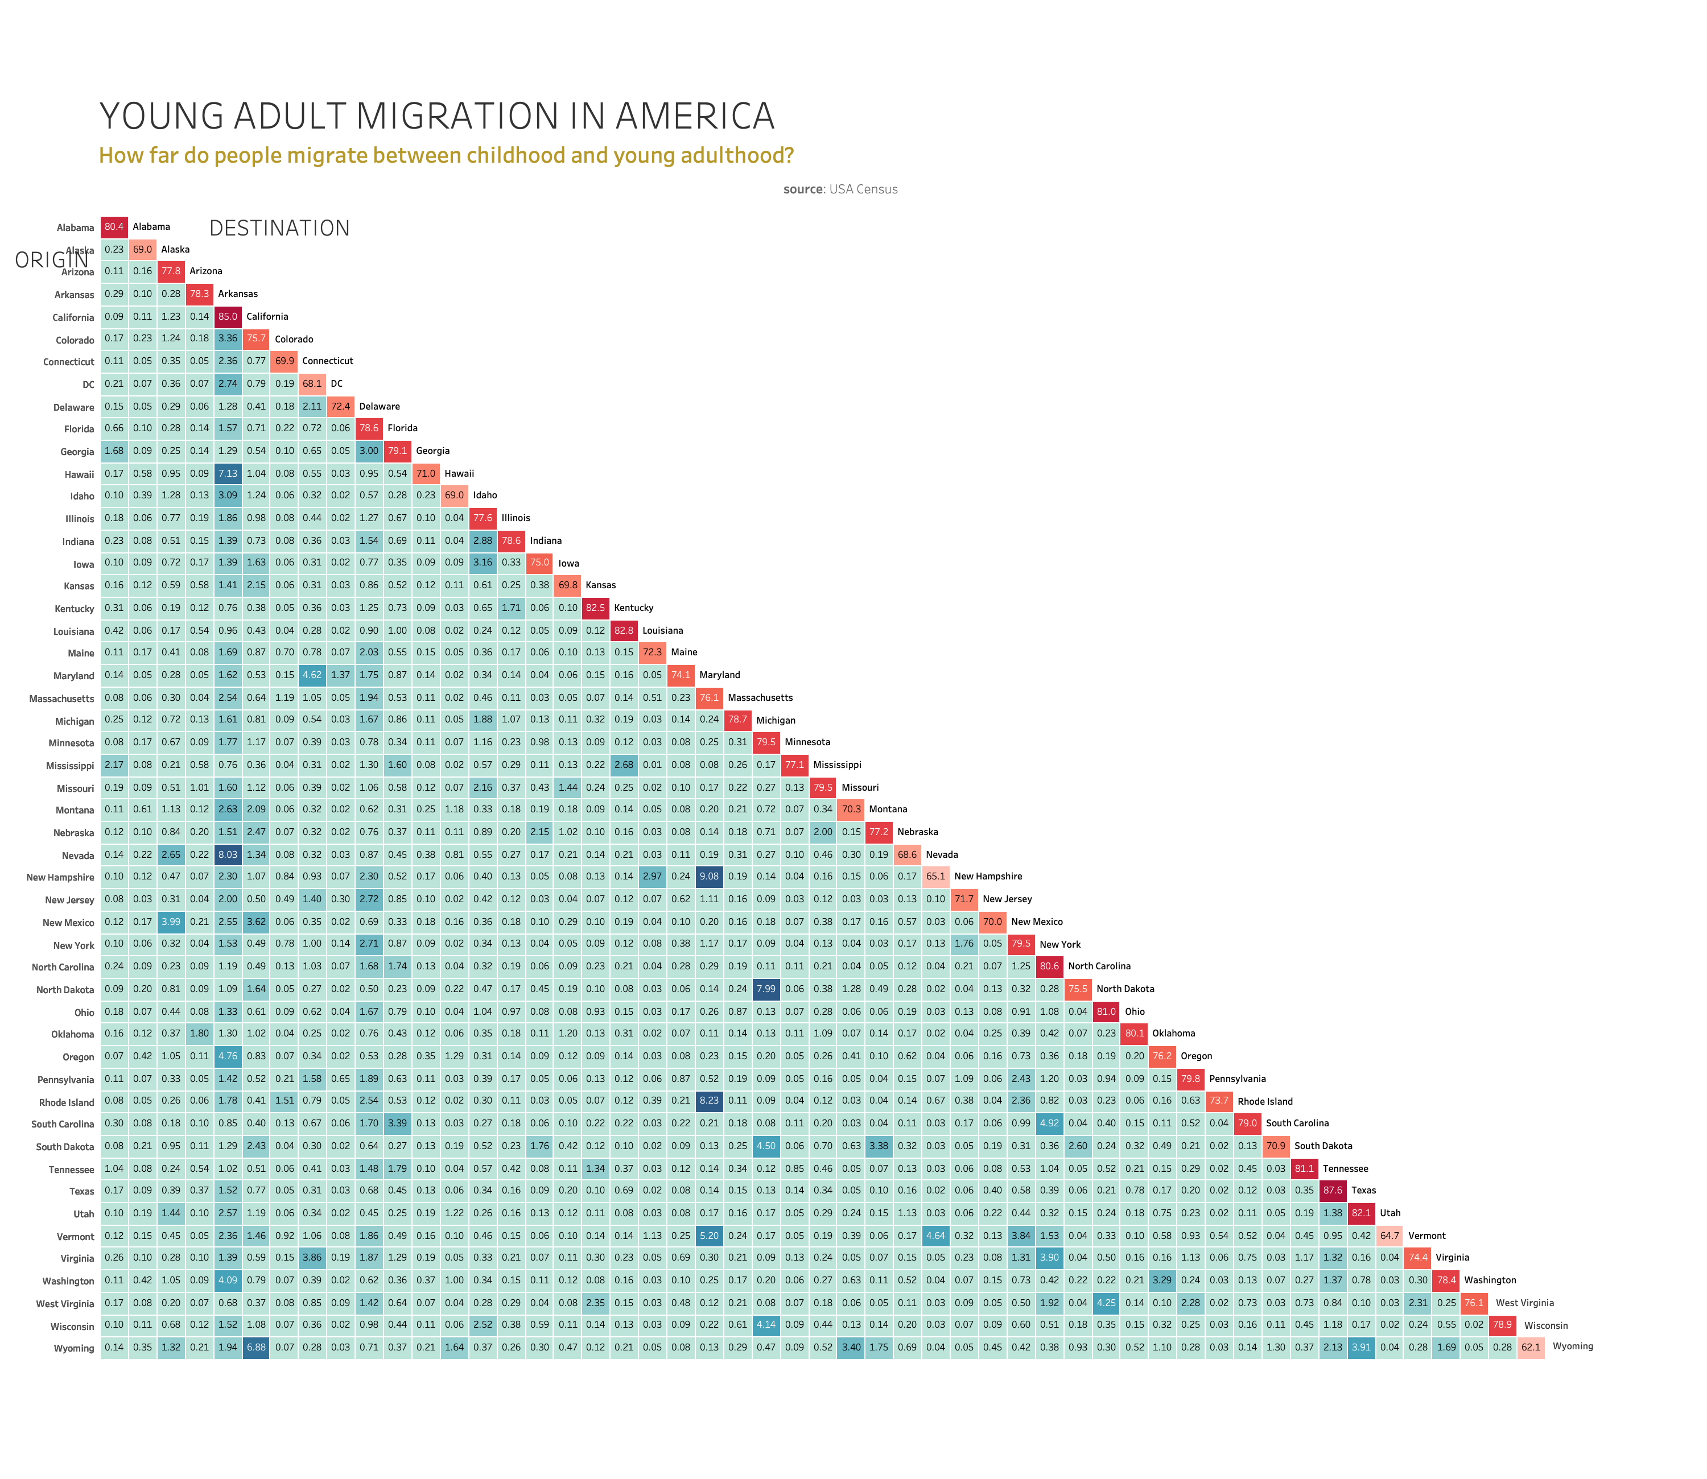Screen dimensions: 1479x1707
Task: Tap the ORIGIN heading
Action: point(51,261)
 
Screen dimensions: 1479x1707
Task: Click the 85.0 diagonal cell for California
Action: point(227,316)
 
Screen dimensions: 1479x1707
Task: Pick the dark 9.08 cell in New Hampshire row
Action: point(709,877)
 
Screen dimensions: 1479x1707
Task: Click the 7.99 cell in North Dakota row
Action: point(765,989)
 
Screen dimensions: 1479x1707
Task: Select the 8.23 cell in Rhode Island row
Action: point(709,1101)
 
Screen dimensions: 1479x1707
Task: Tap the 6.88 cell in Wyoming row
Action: point(256,1348)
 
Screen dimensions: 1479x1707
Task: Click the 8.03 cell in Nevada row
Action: point(227,854)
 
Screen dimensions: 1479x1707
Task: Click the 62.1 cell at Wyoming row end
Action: point(1531,1348)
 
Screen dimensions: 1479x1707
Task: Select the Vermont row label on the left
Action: point(75,1236)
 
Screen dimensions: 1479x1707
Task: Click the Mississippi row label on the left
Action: point(70,766)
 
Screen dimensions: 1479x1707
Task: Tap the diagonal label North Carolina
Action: point(1099,966)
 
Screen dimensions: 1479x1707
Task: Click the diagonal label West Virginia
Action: point(1524,1303)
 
